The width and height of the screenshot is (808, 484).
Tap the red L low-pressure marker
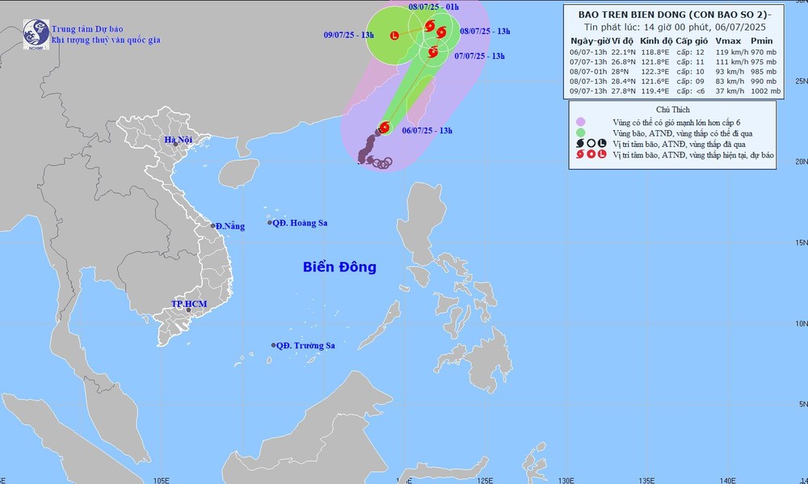[x=394, y=35]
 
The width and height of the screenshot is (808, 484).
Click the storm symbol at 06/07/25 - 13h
[x=384, y=128]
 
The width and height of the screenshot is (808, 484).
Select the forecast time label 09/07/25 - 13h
[x=347, y=35]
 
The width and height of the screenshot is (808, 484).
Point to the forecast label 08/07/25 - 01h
[x=434, y=7]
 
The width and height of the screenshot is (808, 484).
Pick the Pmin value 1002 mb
[x=765, y=91]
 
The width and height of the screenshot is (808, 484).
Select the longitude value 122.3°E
[x=654, y=71]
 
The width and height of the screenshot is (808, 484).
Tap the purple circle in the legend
[x=581, y=121]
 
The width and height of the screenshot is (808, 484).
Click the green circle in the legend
[x=581, y=132]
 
